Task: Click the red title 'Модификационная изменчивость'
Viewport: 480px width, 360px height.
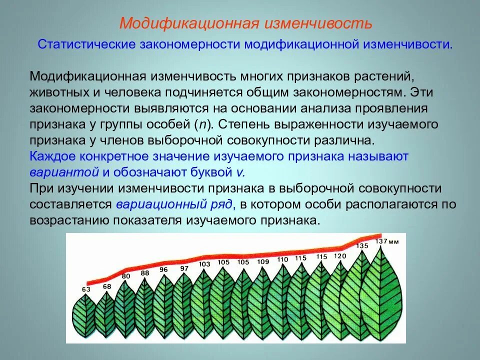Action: [x=245, y=23]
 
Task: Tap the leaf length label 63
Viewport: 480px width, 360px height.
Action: [x=86, y=289]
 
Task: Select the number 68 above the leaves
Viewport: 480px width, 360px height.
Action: [x=107, y=286]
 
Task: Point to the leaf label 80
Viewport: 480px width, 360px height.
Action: [x=125, y=276]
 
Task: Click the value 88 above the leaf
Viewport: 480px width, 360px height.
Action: [x=145, y=273]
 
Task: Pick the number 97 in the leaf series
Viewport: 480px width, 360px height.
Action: [x=184, y=268]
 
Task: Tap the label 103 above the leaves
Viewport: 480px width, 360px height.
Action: [x=204, y=264]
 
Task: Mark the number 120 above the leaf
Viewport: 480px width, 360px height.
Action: [x=340, y=256]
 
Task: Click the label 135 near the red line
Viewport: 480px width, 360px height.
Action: [x=362, y=245]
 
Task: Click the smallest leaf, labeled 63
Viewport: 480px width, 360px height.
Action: [x=85, y=317]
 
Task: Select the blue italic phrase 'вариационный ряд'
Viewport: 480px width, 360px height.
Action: [x=174, y=204]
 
